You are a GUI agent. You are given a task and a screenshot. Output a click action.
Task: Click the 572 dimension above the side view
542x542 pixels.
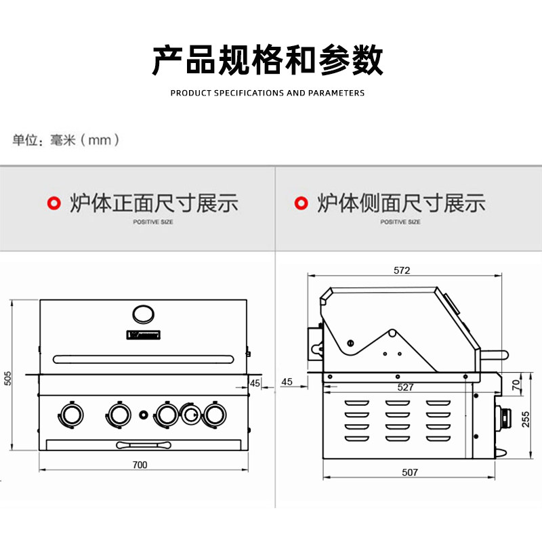click(x=402, y=270)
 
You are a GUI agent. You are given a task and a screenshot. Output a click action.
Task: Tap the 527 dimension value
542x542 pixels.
click(x=405, y=387)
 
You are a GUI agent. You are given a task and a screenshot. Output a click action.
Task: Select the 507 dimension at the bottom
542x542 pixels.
click(x=410, y=472)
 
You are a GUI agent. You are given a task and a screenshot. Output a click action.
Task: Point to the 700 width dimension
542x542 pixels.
click(x=140, y=465)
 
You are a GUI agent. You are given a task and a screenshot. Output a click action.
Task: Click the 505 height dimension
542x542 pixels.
click(x=8, y=377)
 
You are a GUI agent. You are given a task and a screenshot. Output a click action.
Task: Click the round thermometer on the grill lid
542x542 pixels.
click(x=142, y=313)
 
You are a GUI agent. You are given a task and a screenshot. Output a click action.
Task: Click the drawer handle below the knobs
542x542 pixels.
click(x=142, y=444)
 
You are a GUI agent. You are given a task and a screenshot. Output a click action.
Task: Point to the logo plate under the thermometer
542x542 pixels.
click(x=142, y=334)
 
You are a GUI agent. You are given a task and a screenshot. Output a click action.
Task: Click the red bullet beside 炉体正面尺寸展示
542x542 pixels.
click(x=52, y=203)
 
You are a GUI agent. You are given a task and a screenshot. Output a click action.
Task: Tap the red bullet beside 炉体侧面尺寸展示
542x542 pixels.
click(x=299, y=203)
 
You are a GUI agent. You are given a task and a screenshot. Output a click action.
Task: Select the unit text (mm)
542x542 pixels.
click(x=100, y=140)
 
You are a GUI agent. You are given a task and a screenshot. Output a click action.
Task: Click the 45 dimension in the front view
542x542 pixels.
click(x=255, y=383)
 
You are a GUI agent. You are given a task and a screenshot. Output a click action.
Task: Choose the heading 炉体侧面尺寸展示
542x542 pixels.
click(x=401, y=203)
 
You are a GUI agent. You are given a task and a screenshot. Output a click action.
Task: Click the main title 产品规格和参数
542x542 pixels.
click(x=268, y=61)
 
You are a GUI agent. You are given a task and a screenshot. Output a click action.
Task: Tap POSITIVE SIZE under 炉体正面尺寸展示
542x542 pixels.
click(x=152, y=222)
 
